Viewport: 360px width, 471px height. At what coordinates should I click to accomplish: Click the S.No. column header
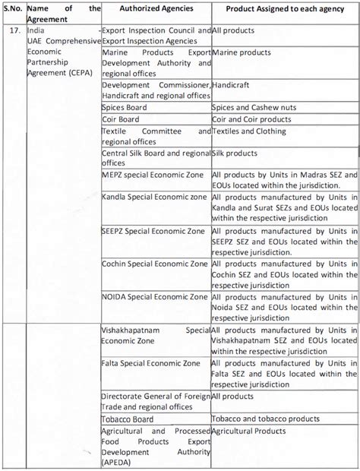pos(13,8)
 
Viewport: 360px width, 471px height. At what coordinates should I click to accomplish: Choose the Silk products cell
pos(235,153)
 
